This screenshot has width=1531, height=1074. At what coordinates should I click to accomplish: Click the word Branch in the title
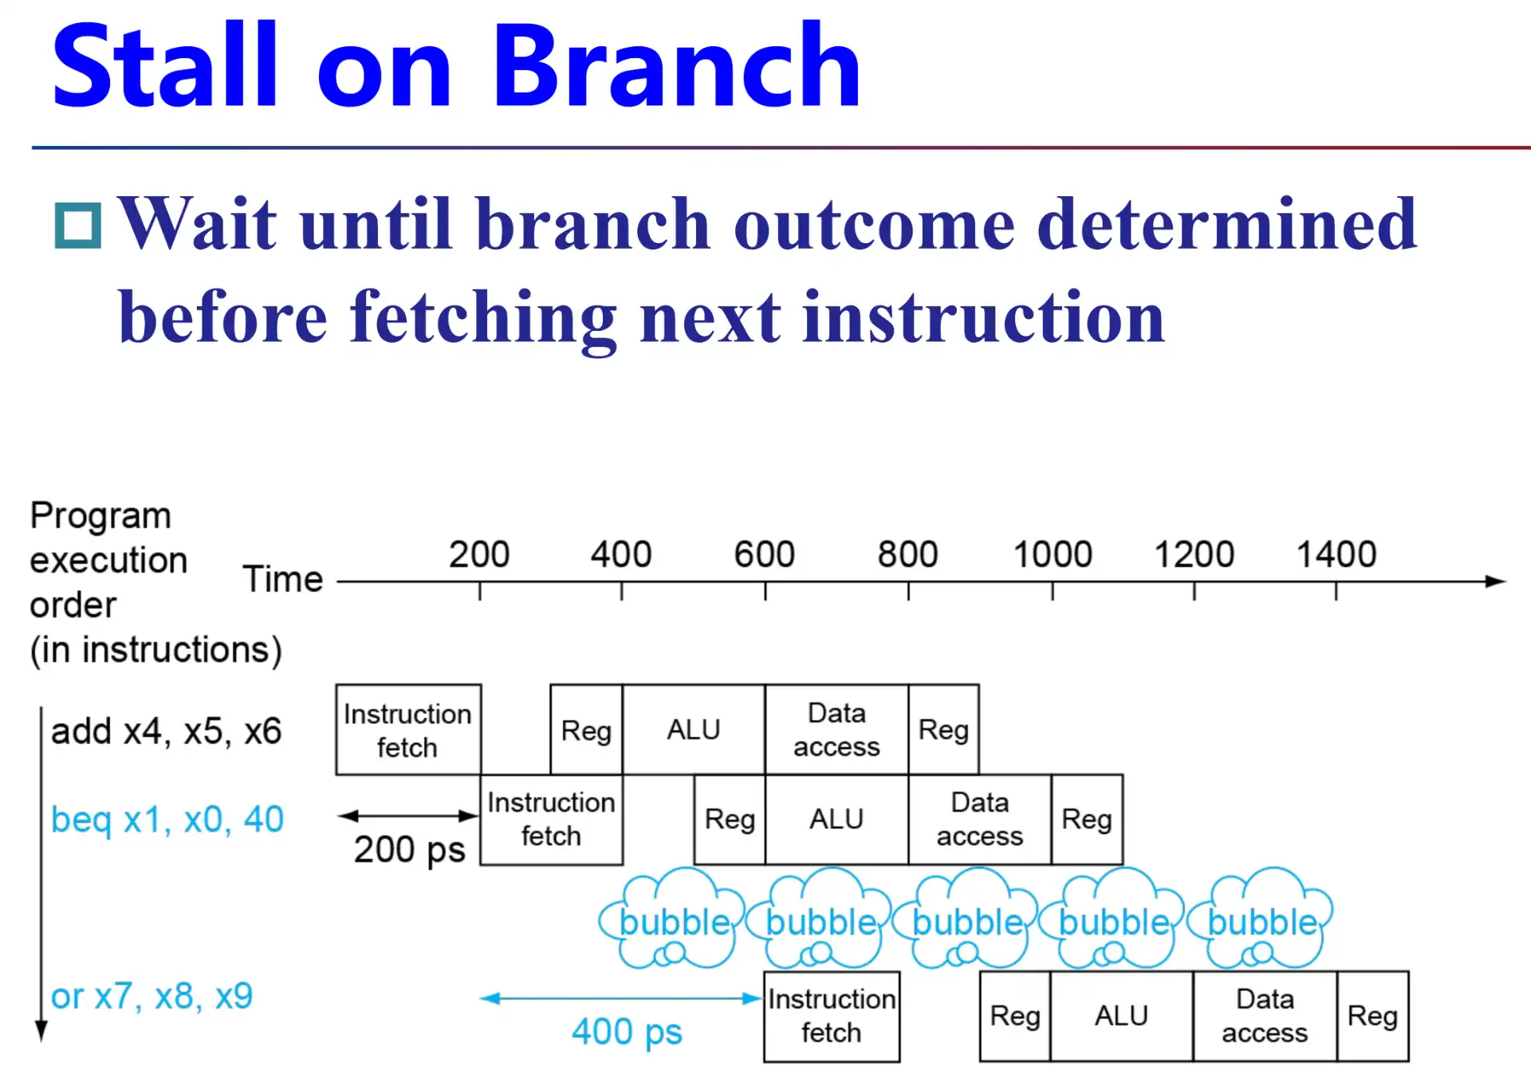[x=677, y=65]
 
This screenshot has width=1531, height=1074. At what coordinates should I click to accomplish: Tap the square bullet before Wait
[x=78, y=226]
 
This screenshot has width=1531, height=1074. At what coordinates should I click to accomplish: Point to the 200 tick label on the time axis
[x=479, y=554]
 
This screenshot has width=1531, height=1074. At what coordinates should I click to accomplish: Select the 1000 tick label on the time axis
[x=1053, y=554]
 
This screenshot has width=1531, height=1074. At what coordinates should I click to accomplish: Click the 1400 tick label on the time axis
[x=1336, y=554]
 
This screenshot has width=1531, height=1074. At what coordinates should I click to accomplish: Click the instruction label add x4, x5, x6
[x=166, y=731]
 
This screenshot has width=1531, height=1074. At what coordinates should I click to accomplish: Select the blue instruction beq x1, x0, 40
[x=167, y=820]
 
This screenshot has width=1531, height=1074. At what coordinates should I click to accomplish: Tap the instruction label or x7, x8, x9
[x=152, y=997]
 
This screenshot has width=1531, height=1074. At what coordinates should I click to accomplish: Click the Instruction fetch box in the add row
[x=408, y=730]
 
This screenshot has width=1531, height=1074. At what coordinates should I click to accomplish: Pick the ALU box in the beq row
[x=836, y=820]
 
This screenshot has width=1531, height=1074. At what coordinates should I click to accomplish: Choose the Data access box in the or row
[x=1265, y=1016]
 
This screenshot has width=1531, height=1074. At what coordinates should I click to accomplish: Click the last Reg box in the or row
[x=1372, y=1016]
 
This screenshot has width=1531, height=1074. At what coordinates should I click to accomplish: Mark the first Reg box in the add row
[x=586, y=730]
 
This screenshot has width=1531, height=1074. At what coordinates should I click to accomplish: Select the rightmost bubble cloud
[x=1261, y=919]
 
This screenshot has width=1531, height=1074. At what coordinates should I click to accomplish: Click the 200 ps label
[x=409, y=850]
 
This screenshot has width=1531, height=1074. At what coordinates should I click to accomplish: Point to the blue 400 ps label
[x=627, y=1032]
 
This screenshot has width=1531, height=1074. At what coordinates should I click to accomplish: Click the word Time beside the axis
[x=283, y=579]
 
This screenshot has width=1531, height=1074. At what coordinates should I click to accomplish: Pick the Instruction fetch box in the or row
[x=832, y=1016]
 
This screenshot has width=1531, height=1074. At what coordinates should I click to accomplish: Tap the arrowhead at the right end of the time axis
[x=1496, y=582]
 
